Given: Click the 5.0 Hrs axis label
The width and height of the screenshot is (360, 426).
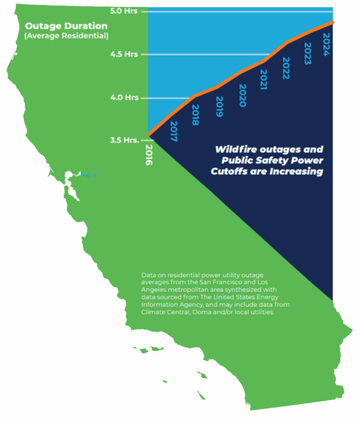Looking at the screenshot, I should pos(124,11).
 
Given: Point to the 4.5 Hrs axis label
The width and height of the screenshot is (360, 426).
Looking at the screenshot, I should pos(124,54).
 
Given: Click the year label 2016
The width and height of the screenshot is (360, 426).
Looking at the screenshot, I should pos(149,155).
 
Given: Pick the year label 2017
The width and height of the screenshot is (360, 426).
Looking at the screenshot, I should pos(173,131).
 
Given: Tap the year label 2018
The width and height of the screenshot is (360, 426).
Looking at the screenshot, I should pos(195,115).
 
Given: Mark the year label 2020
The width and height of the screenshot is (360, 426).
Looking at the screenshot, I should pos(243,95).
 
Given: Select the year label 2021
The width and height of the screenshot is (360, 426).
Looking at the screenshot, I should pos(263,79).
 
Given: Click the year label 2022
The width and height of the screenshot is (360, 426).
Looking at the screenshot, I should pos(286,68).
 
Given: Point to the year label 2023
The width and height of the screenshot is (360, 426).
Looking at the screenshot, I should pos(308,53).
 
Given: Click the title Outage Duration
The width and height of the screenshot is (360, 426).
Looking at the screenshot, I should pos(67,26).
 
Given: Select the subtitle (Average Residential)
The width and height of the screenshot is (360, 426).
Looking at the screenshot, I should pos(67,36).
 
